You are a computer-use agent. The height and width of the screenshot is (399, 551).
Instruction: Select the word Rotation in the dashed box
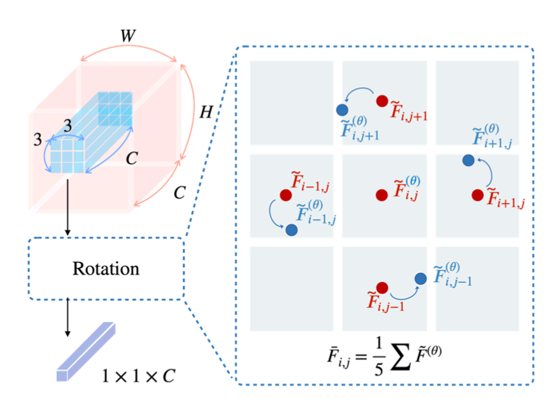click(106, 268)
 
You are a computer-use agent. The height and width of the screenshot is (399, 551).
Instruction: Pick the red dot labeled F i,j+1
click(382, 101)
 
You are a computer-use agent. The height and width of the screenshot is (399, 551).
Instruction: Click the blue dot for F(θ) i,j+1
click(342, 110)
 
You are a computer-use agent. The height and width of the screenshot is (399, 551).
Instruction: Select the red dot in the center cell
click(381, 194)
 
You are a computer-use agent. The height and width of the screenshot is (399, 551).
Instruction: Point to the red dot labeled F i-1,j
click(284, 194)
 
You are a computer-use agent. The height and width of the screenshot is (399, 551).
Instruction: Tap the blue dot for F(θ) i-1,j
click(291, 229)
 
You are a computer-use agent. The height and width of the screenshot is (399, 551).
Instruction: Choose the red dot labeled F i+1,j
click(477, 194)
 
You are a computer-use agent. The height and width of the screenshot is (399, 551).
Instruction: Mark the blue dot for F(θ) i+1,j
click(468, 161)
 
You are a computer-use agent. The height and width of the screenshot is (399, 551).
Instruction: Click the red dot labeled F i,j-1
click(382, 288)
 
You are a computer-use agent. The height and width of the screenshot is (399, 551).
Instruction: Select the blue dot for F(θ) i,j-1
click(420, 278)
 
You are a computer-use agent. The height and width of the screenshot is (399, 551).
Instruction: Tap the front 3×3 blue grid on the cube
click(68, 156)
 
